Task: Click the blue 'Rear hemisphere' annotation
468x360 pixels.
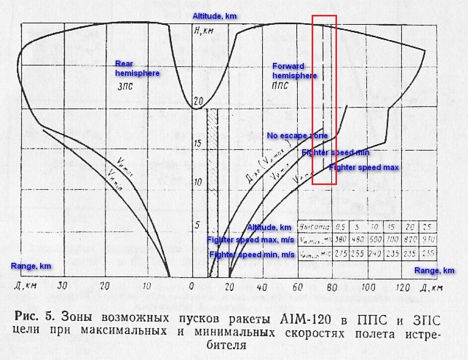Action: [137, 68]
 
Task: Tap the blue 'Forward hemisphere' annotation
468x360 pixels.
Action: [294, 71]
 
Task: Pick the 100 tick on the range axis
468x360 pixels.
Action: [368, 287]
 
